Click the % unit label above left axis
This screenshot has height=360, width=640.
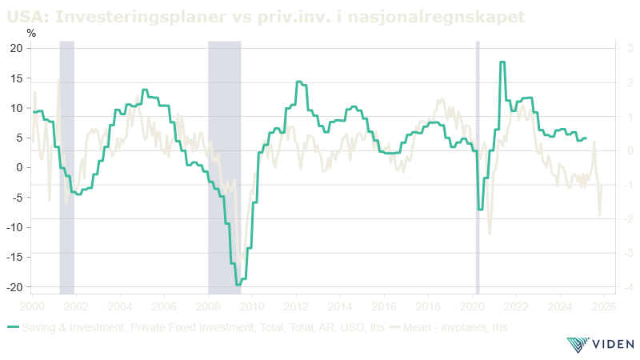coord(31,34)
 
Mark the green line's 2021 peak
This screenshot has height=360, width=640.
coord(502,62)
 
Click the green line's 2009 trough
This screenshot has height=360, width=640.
coord(238,284)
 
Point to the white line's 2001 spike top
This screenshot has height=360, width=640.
coord(58,78)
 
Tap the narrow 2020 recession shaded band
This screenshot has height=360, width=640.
coord(478,168)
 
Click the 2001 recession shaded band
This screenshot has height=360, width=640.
coord(66,168)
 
